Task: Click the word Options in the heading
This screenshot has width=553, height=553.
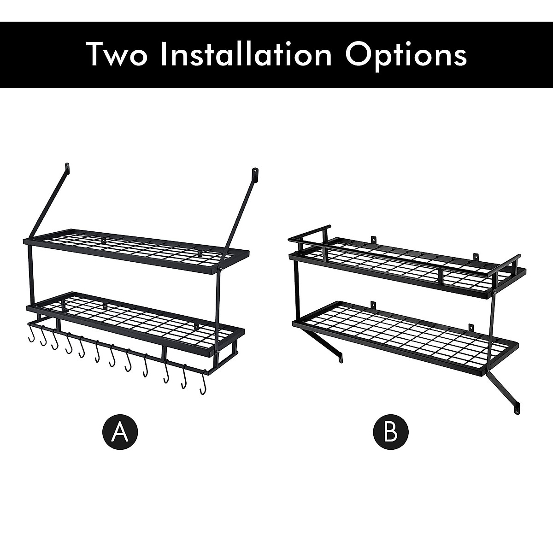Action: point(406,54)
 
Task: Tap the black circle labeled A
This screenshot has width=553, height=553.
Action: point(120,431)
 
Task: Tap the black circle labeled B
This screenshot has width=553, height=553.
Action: point(390,431)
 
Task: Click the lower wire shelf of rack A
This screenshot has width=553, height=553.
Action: point(138,318)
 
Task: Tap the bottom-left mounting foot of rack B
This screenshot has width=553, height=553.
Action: point(341,357)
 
